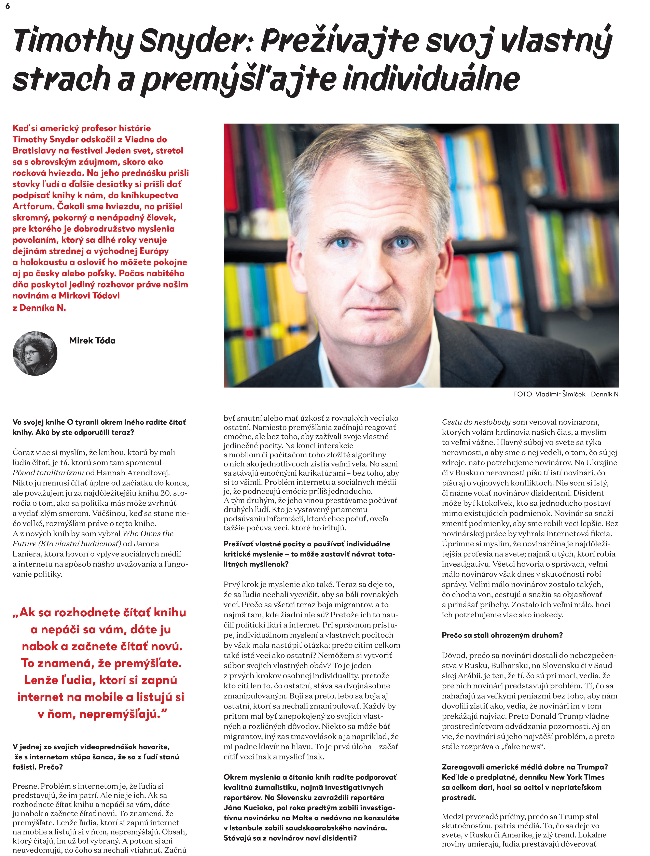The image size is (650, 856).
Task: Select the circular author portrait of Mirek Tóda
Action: point(35,353)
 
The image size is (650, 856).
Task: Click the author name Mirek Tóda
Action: point(92,340)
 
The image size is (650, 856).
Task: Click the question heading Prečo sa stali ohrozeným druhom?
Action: point(502,635)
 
